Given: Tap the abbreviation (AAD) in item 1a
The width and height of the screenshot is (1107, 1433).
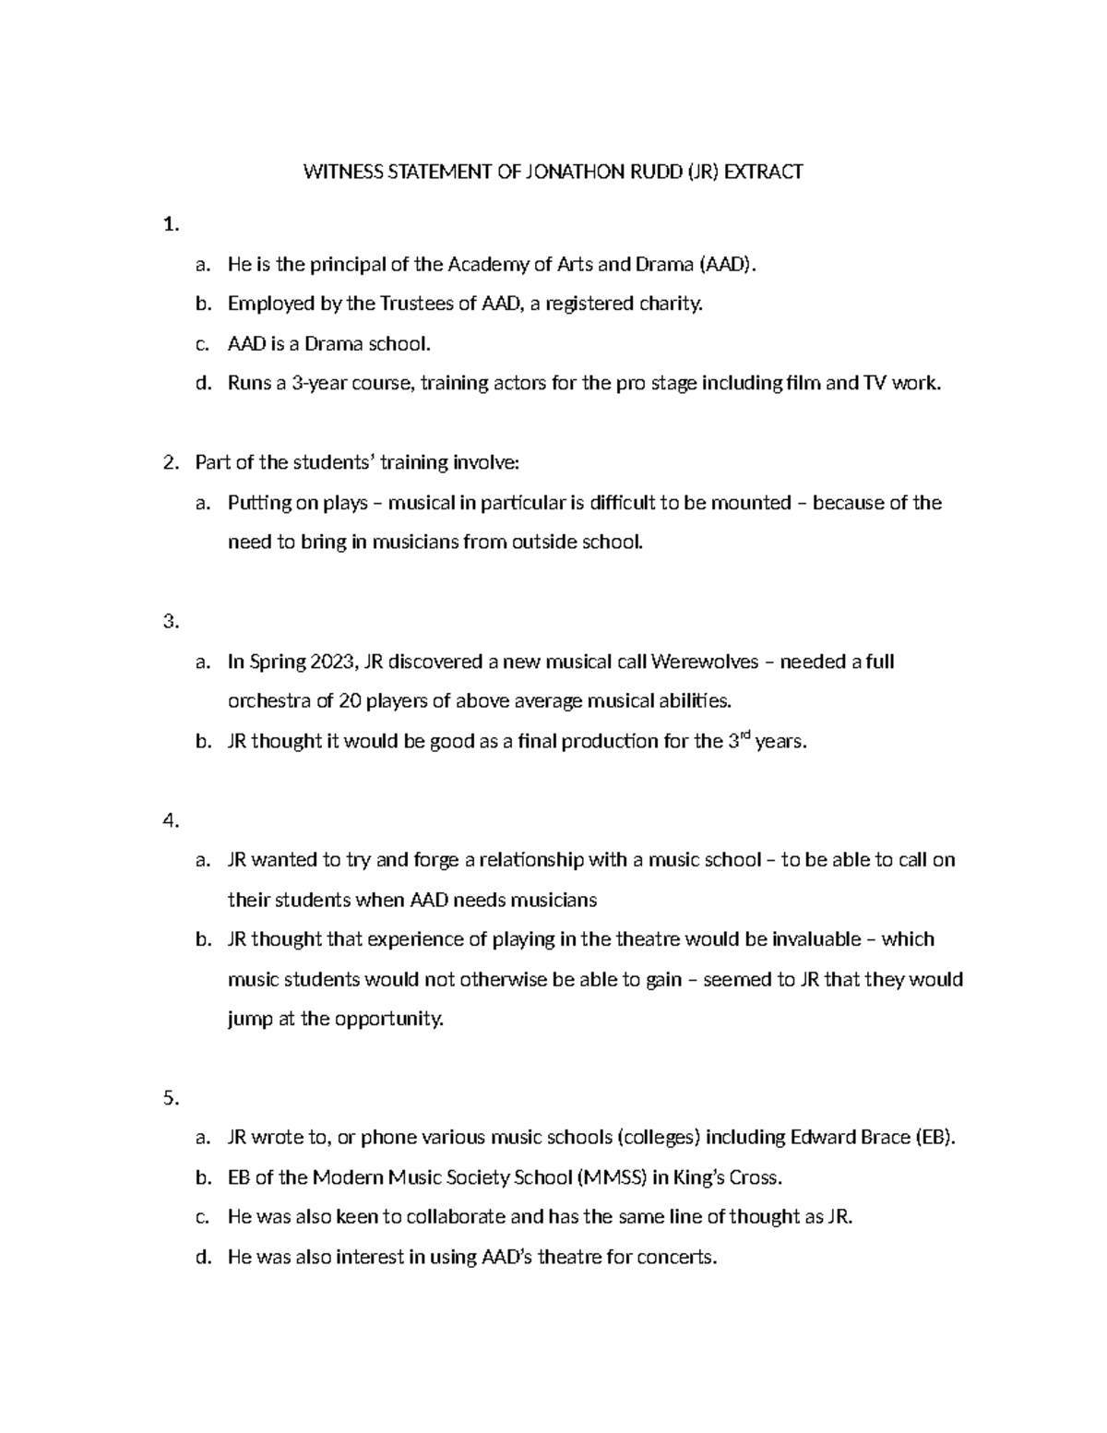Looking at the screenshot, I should (727, 265).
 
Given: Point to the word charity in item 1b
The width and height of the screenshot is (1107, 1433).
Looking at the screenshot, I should (671, 304).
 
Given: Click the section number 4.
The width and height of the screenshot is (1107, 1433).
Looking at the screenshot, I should (170, 820).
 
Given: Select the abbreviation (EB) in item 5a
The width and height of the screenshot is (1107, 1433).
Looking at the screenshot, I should (934, 1138).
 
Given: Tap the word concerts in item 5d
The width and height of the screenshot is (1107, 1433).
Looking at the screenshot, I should (679, 1257).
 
